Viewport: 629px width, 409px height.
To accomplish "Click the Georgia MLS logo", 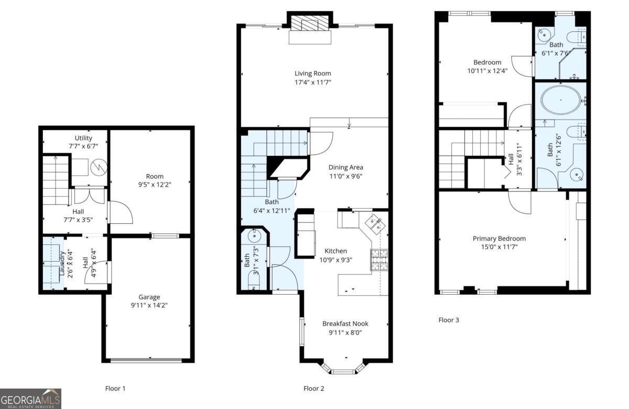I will pos(30,399).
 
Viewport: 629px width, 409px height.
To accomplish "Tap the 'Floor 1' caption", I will pos(115,389).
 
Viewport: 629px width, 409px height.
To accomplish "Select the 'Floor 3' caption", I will pos(449,319).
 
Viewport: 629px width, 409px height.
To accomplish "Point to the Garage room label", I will pos(149,297).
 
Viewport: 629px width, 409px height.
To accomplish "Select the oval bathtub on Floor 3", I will pos(561,99).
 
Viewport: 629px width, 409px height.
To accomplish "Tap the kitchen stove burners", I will pos(379,260).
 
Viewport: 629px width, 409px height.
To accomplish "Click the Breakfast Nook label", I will pos(345,324).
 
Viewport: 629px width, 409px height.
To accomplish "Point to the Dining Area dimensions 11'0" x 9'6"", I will pos(345,176).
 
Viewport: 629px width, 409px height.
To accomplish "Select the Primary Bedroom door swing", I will pos(520,202).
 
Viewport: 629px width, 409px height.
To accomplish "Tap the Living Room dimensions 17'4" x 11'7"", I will pos(312,82).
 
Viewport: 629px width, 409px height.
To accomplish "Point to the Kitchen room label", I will pos(335,251).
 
